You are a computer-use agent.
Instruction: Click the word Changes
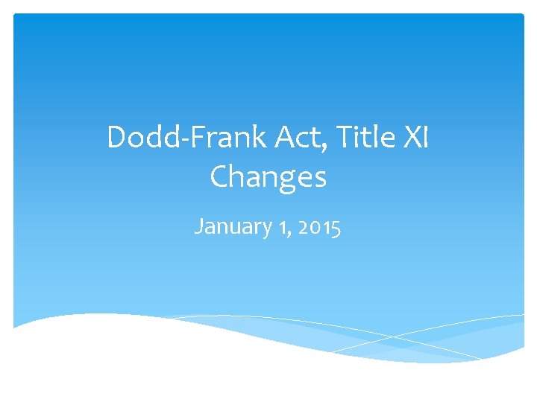click(268, 177)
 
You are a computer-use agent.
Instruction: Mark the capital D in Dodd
click(117, 138)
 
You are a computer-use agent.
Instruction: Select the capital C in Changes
click(220, 177)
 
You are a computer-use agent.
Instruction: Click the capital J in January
click(198, 226)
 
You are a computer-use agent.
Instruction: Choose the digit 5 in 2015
click(336, 227)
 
